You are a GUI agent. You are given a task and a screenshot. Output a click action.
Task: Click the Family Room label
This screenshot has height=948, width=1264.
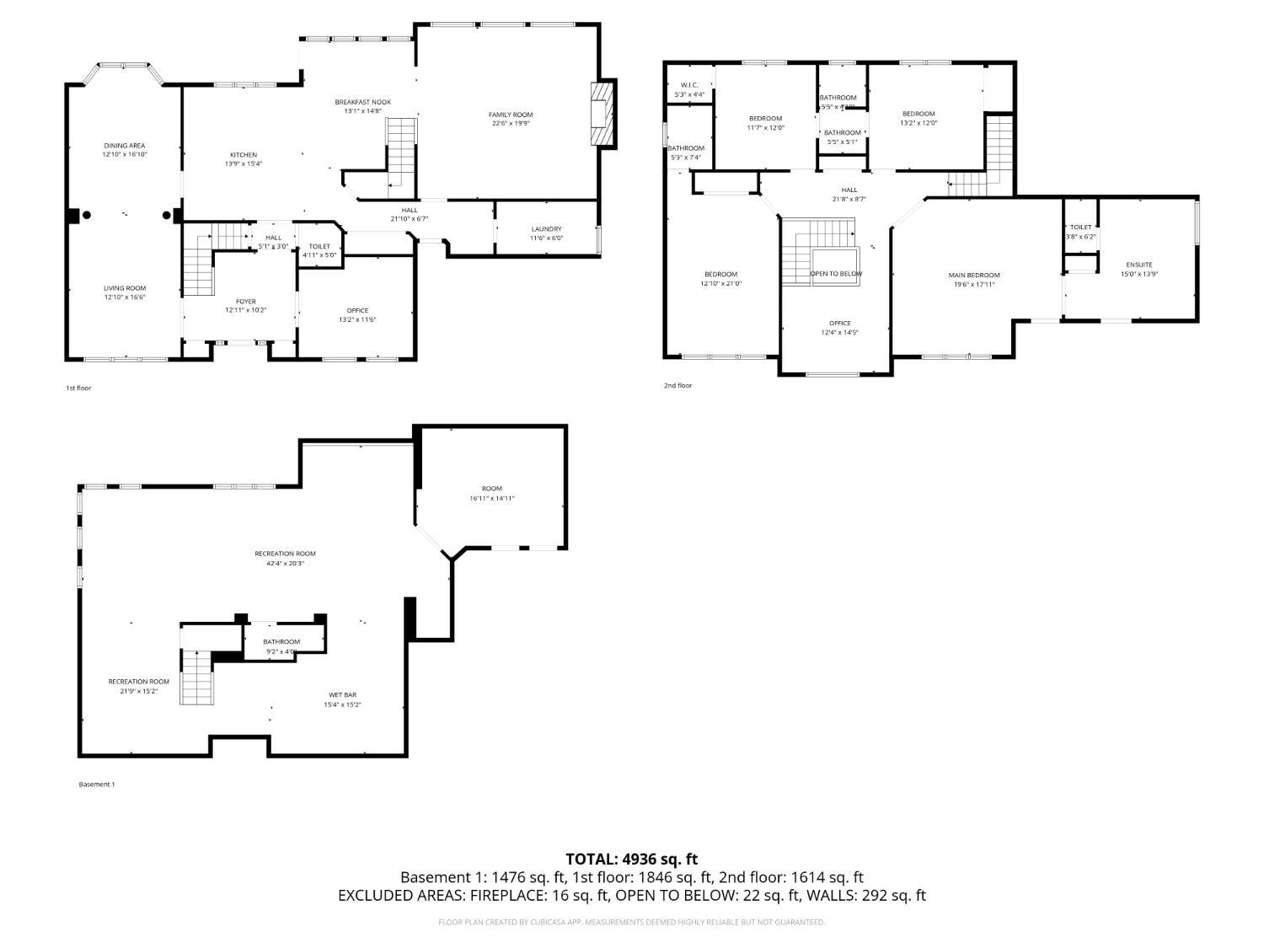[x=511, y=115]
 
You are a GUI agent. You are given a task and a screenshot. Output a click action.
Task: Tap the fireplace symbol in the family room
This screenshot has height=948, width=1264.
[x=603, y=114]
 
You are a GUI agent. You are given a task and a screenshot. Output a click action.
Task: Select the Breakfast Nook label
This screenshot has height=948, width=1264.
[x=362, y=102]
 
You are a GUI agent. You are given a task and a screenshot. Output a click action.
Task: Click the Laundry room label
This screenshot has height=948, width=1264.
[x=546, y=229]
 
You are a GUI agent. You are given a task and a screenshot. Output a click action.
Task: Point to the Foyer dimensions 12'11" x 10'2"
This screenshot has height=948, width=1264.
[x=245, y=310]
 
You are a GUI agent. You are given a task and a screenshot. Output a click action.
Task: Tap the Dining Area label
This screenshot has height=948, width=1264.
[x=125, y=146]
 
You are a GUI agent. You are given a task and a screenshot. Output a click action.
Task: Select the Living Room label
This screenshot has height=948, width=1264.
[x=125, y=288]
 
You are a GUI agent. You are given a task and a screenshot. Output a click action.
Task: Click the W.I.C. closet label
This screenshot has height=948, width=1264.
[x=689, y=85]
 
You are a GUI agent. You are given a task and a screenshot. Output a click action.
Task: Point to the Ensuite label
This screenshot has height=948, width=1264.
[x=1138, y=265]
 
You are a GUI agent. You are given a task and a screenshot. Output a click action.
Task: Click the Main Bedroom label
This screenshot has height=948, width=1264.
[x=974, y=275]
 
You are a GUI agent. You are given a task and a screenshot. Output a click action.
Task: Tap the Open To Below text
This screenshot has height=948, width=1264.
[x=836, y=274]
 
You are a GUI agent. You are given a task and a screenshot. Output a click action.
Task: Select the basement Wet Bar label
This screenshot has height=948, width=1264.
[x=342, y=695]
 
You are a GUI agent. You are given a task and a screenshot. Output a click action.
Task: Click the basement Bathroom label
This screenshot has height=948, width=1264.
[x=281, y=642]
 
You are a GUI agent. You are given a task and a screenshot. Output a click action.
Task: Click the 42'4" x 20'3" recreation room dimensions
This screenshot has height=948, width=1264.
[x=285, y=563]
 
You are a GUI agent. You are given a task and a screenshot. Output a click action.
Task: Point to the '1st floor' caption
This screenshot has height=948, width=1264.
[x=78, y=388]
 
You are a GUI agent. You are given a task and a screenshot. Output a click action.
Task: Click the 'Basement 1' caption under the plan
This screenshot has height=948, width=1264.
[x=96, y=785]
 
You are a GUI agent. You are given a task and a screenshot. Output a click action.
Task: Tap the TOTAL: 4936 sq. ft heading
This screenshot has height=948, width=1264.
[x=631, y=860]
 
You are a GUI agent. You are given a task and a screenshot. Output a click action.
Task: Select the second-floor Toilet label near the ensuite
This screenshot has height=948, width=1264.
[x=1080, y=228]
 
